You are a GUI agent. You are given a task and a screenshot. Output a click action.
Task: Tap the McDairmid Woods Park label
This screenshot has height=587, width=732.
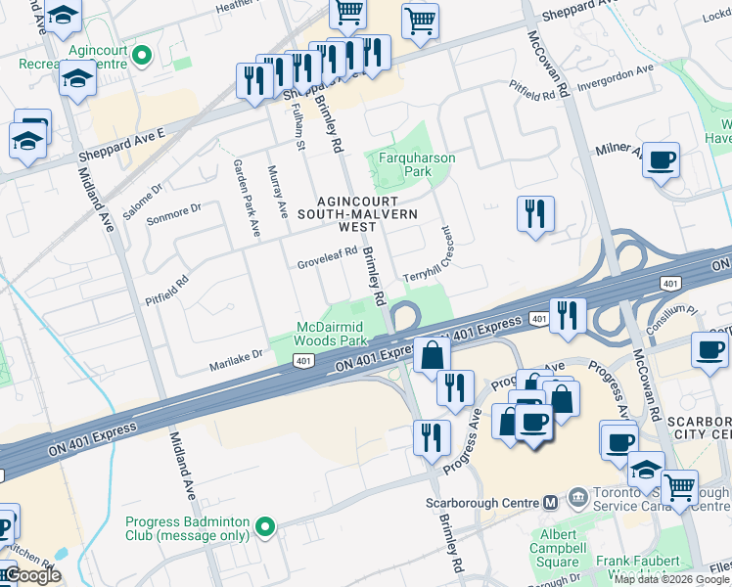click(332, 334)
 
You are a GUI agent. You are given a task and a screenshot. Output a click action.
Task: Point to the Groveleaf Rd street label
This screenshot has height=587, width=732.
click(327, 264)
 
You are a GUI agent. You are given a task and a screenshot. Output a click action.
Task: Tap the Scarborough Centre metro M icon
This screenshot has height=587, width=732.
click(550, 502)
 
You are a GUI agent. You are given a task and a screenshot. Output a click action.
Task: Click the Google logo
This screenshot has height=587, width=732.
click(31, 576)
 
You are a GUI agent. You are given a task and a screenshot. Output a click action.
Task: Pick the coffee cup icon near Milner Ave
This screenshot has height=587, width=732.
click(662, 159)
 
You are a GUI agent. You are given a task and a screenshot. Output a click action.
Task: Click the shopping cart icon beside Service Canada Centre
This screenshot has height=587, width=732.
click(679, 487)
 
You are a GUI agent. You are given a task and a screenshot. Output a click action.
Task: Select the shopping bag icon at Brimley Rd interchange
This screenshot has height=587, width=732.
click(431, 355)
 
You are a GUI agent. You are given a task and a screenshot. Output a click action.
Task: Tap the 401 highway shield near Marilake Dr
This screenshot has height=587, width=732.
click(302, 362)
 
